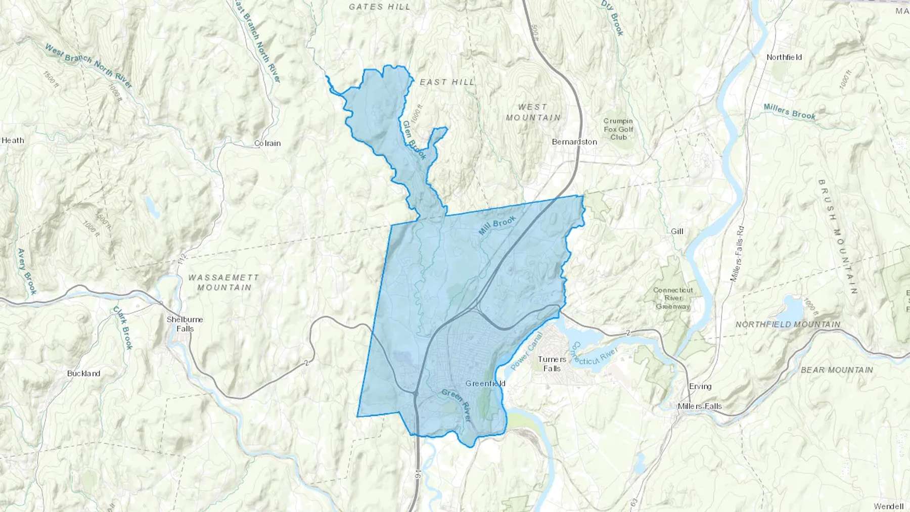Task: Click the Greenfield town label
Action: point(485,384)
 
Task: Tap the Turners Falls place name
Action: point(552,364)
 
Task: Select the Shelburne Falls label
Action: point(185,324)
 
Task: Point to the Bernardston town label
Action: point(574,142)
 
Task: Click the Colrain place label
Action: point(267,144)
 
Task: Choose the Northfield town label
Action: point(784,58)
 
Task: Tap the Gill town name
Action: point(677,231)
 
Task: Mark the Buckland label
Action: point(84,374)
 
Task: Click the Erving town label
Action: point(700,386)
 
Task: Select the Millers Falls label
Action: point(700,406)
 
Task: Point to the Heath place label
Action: point(13,141)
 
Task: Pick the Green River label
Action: point(457,405)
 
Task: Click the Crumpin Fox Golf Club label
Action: point(618,129)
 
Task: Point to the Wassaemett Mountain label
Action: point(224,283)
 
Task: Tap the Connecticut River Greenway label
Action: point(673,298)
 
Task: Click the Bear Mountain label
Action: point(837,370)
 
